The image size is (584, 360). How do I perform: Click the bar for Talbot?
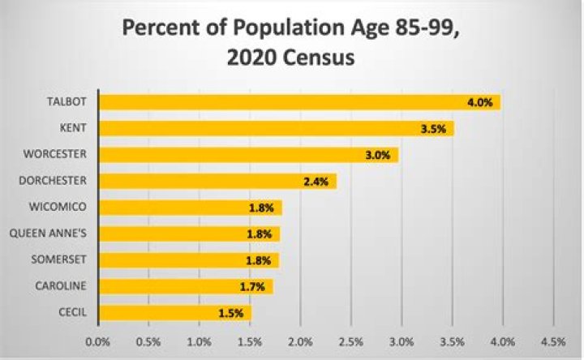[299, 102]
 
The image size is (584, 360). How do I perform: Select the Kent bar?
[276, 128]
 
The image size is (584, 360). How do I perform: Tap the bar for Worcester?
[248, 155]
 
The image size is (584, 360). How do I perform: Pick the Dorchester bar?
[217, 181]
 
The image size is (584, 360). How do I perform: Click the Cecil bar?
[174, 312]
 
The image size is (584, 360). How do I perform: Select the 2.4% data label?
[315, 182]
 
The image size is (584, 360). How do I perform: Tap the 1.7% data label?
[251, 286]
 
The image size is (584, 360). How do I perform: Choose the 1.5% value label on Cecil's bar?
[230, 313]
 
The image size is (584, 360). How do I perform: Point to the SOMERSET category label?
[60, 259]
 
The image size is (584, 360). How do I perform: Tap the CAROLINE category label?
[61, 285]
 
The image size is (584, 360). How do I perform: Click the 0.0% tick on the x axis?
[97, 341]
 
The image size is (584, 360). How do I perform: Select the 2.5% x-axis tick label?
[350, 341]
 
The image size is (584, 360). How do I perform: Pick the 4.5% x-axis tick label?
[552, 341]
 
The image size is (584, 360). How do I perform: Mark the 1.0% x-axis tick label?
[199, 341]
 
